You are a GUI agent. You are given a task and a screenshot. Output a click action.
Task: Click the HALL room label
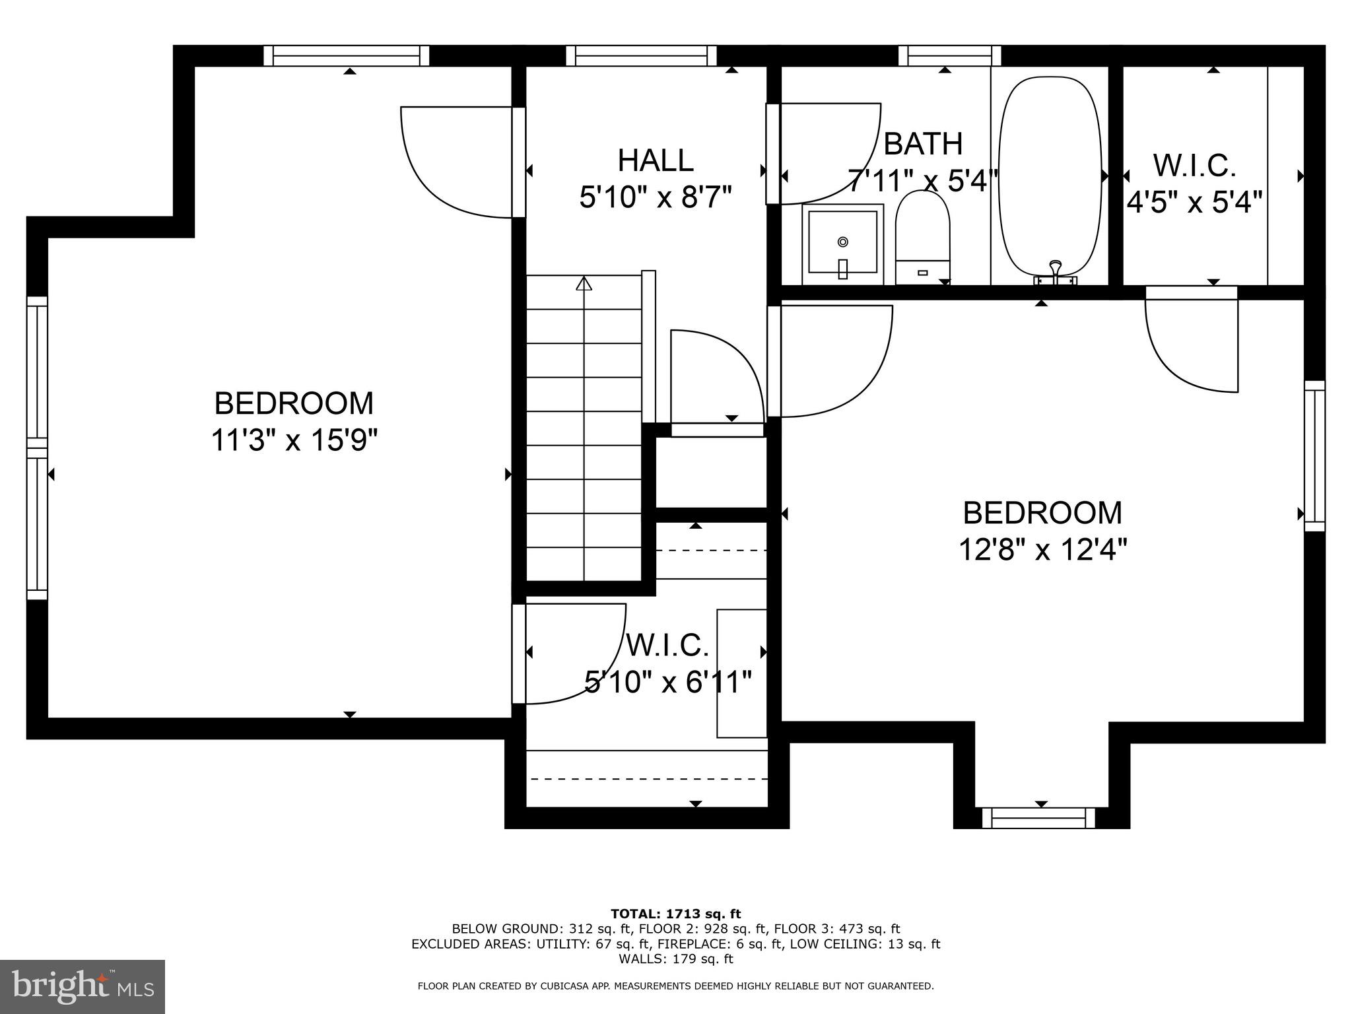655,160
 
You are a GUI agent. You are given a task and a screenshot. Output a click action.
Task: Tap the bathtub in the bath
1050,175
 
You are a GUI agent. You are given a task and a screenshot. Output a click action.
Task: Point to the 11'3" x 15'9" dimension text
294,440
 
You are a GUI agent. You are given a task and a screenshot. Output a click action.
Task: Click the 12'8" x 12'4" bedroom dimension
1042,549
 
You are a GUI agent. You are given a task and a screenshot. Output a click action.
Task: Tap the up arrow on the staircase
584,284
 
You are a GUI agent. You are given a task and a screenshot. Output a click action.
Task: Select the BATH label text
922,144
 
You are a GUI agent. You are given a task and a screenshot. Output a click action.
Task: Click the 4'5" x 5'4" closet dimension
1194,202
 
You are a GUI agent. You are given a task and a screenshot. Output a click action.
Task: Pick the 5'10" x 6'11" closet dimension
668,682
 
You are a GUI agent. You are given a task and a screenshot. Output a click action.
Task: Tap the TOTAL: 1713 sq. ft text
675,914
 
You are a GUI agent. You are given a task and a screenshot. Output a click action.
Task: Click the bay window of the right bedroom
1038,819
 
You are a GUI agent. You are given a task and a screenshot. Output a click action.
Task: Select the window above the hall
641,55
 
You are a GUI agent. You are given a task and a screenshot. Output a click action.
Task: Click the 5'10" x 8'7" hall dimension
656,197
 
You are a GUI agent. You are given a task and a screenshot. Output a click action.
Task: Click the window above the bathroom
949,55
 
